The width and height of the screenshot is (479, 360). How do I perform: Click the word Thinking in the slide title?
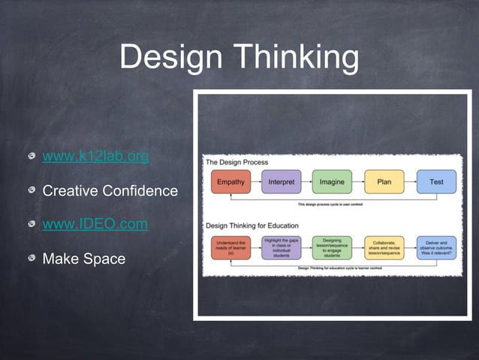click(x=296, y=58)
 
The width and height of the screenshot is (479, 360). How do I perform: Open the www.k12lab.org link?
click(x=95, y=156)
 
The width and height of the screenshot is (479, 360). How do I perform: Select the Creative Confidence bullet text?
click(x=110, y=191)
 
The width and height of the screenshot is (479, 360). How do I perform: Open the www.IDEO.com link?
click(x=95, y=224)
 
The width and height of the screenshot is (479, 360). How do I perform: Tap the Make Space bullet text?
click(x=83, y=259)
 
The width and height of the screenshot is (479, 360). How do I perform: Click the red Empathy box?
click(x=230, y=182)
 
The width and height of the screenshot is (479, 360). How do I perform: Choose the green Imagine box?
click(x=332, y=182)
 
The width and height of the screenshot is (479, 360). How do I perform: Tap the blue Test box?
click(x=435, y=182)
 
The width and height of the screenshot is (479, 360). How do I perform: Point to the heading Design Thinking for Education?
click(x=252, y=225)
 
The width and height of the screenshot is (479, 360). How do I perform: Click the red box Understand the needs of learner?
click(x=230, y=248)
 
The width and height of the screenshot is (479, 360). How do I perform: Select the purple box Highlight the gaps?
click(x=281, y=248)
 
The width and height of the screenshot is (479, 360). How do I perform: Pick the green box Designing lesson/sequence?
click(x=332, y=248)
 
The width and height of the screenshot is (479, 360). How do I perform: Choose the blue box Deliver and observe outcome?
click(x=435, y=248)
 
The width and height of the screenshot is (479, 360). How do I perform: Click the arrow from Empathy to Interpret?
click(x=255, y=182)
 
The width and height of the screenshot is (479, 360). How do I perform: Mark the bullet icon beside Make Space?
click(x=31, y=259)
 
